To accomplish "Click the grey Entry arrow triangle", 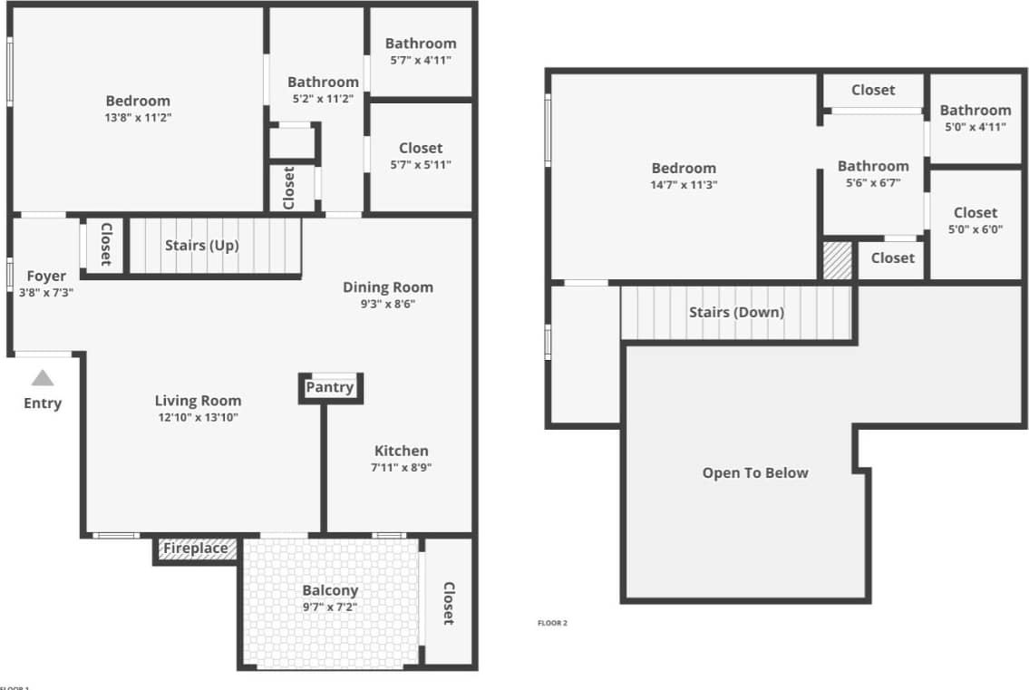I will point(43,379).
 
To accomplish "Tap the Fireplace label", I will point(195,549).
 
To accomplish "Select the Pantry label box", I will point(329,387).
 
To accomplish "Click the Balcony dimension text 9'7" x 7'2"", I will point(330,607).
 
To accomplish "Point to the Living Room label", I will point(198,401).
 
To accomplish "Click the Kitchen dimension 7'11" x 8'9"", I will point(401,468).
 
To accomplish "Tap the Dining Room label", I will point(387,287).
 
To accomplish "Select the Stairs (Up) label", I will point(201,245).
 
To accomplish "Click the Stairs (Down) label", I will point(736,312).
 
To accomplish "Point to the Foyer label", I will point(46,277).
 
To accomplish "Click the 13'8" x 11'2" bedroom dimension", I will point(138,118).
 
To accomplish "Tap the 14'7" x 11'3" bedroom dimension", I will point(684,185).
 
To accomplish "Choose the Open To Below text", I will point(755,472).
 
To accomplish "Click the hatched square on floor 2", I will point(837,260).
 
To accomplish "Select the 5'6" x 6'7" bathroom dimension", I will point(872,182).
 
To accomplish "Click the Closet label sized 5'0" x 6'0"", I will point(975,213).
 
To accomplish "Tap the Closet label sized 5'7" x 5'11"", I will point(421,148).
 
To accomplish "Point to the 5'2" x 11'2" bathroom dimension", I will point(323,99).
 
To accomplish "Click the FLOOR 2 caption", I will point(552,623).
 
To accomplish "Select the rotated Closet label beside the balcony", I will point(448,603).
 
